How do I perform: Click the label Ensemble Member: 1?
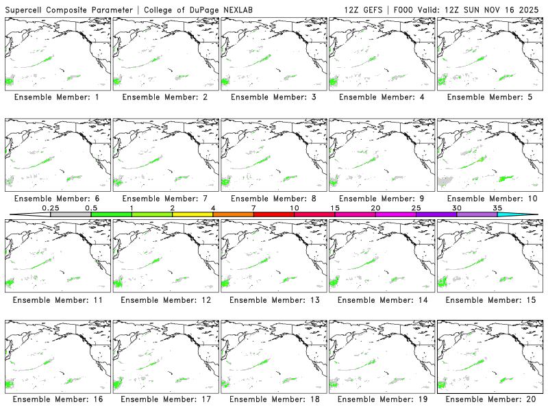tap(57, 97)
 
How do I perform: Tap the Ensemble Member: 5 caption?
tap(489, 97)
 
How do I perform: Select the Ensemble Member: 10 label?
tap(489, 199)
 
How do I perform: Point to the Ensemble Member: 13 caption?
tap(273, 299)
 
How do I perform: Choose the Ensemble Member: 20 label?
tap(489, 400)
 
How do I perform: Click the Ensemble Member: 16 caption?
tap(57, 400)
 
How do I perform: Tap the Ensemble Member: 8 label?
tap(273, 199)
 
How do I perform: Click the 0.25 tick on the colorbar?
tap(50, 208)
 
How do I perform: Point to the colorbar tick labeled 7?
tap(253, 208)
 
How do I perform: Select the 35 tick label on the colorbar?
tap(497, 208)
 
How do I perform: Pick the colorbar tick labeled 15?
tap(335, 208)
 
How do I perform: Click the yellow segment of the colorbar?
tap(192, 214)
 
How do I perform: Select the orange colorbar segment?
tap(233, 214)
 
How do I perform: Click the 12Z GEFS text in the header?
tap(364, 9)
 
